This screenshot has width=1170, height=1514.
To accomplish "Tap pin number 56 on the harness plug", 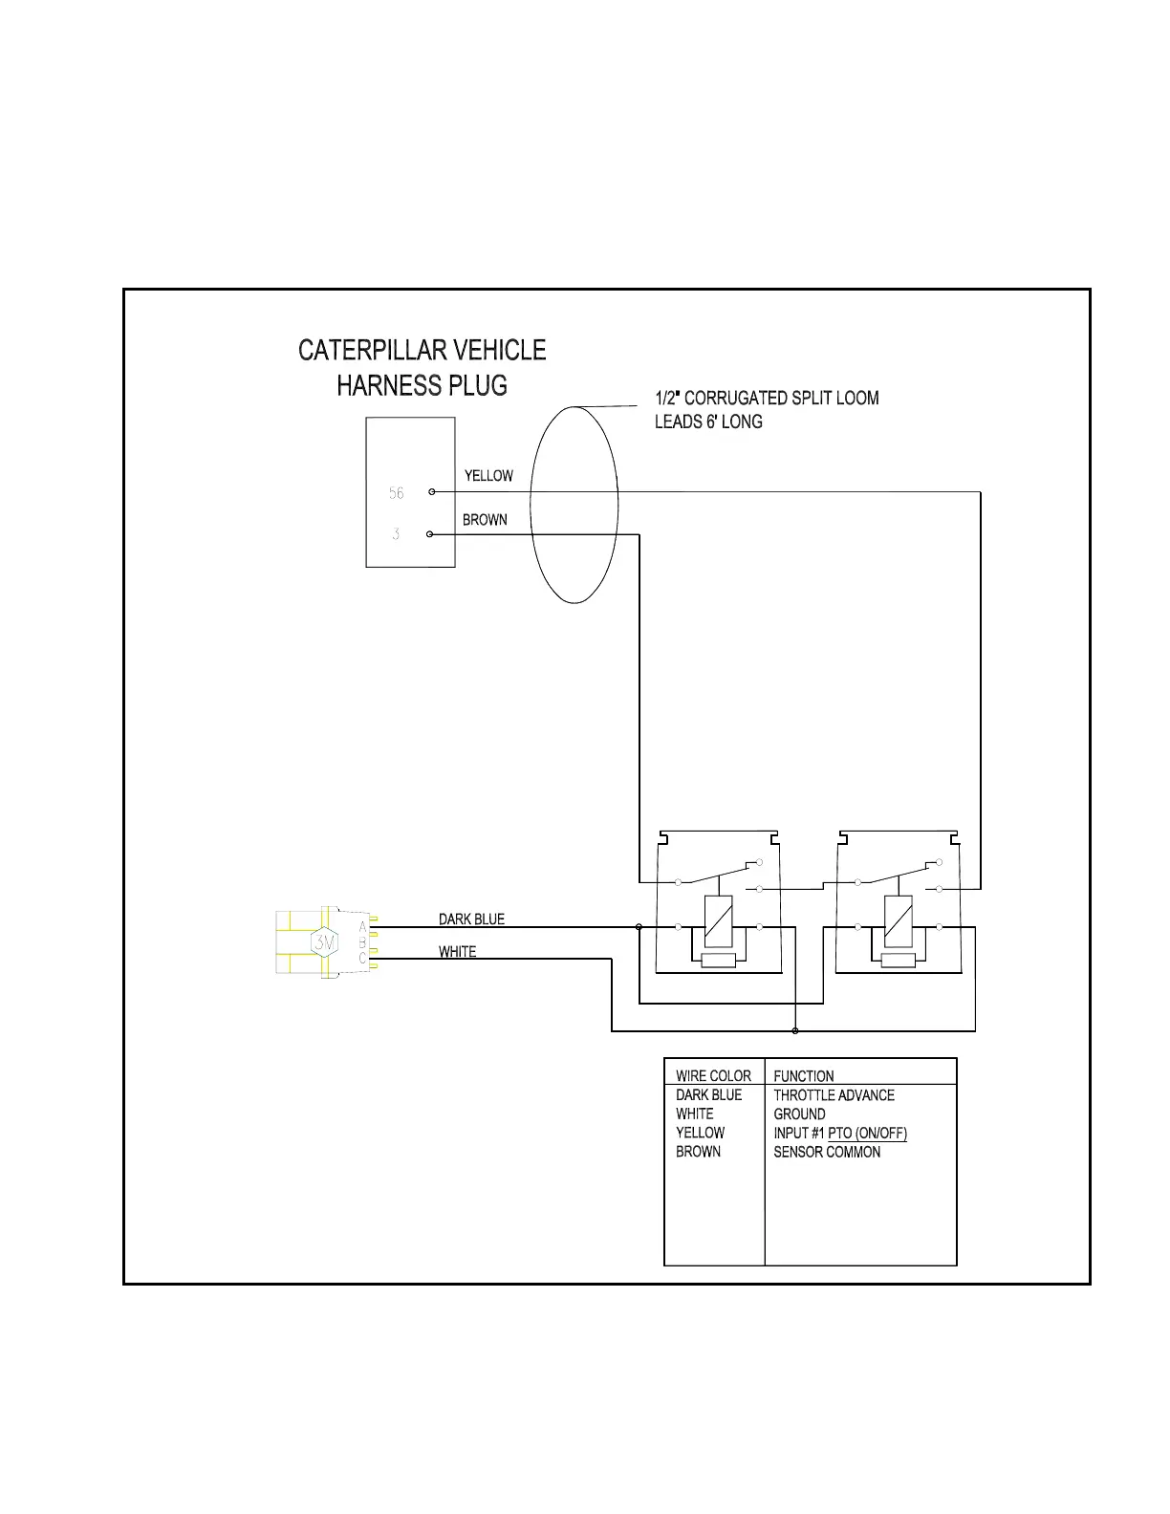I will (397, 493).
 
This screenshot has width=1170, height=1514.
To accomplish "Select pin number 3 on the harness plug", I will (396, 534).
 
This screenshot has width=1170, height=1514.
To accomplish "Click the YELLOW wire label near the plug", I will (488, 476).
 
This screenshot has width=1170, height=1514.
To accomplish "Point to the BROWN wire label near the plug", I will (485, 520).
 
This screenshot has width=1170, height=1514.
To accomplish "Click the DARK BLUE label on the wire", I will (471, 919).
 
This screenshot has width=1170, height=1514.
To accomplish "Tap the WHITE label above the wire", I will (457, 952).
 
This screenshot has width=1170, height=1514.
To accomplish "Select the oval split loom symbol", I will (574, 505).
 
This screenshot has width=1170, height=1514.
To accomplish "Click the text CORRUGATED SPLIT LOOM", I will (781, 399).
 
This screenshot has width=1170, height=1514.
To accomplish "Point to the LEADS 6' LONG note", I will (708, 422).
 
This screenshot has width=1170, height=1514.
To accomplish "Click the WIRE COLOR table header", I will (713, 1076).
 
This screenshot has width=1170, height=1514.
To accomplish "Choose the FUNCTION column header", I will (803, 1076).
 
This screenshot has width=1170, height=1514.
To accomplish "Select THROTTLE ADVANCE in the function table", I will (834, 1095).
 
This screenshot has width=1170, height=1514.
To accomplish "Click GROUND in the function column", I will (799, 1114).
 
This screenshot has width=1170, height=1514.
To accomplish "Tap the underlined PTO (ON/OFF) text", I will (867, 1134).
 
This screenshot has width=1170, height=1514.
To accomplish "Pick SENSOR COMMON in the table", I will (827, 1153).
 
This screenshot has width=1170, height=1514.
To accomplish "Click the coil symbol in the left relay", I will (718, 921).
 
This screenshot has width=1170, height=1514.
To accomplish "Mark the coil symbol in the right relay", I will (898, 921).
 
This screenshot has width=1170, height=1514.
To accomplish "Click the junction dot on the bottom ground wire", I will (795, 1031).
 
